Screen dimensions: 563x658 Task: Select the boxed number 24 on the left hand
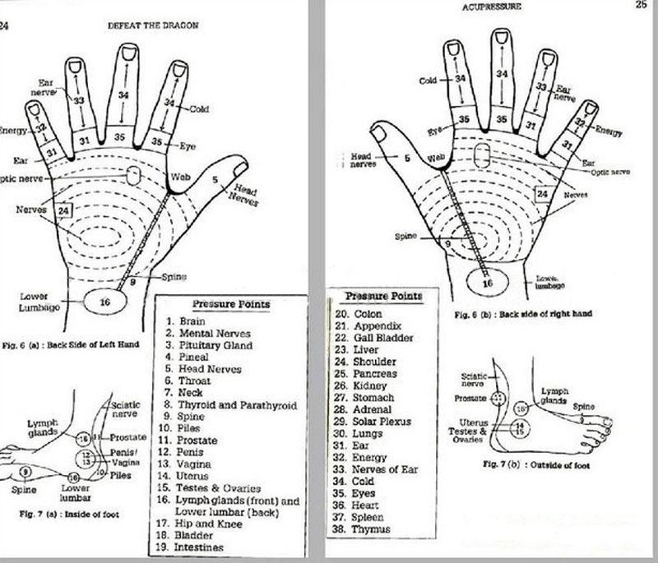pyautogui.click(x=64, y=210)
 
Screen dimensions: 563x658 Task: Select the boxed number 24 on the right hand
pyautogui.click(x=542, y=194)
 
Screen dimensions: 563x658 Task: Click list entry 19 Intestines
pyautogui.click(x=201, y=547)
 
